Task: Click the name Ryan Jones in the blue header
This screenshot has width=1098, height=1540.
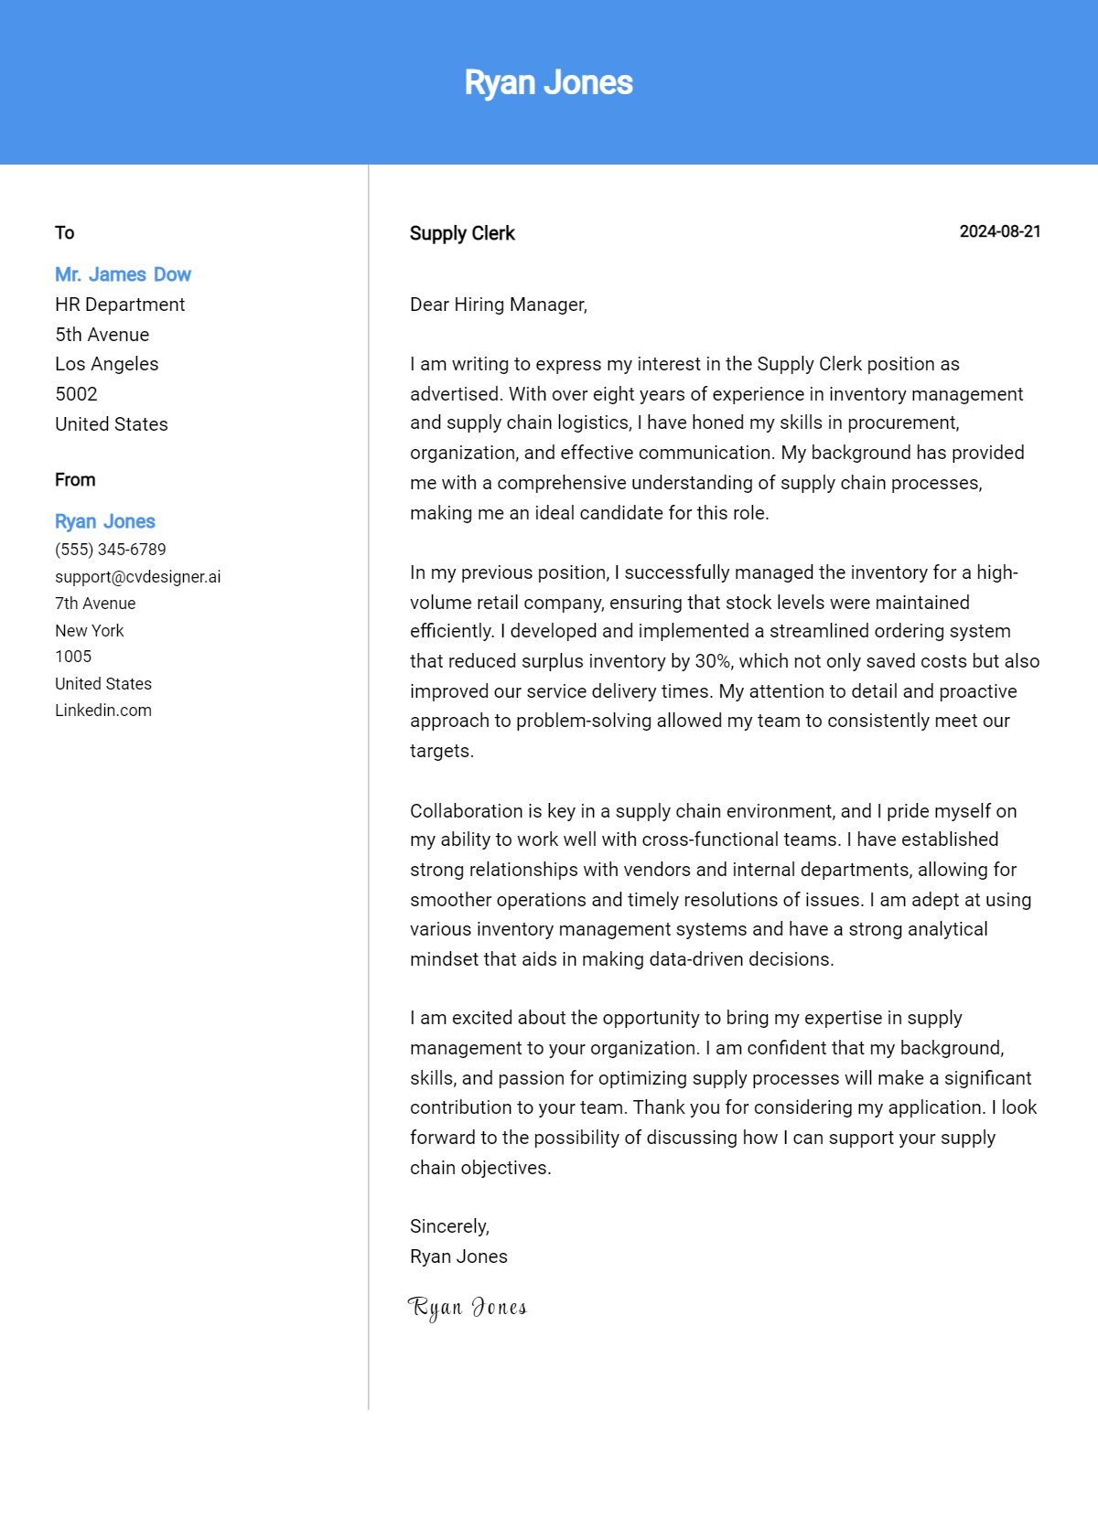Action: [x=548, y=82]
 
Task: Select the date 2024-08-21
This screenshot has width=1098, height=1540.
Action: [x=999, y=231]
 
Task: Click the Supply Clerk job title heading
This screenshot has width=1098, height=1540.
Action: [x=462, y=233]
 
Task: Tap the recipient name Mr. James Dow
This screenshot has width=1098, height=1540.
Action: [x=123, y=274]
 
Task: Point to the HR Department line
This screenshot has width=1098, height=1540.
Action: [x=120, y=305]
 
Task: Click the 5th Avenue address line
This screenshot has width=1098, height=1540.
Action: [x=102, y=335]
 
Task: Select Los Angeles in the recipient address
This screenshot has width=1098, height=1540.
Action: [x=106, y=364]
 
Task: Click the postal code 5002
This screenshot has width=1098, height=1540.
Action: [x=76, y=394]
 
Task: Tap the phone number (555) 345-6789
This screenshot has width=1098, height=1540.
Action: [x=111, y=550]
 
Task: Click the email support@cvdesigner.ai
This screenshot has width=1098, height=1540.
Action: [x=137, y=577]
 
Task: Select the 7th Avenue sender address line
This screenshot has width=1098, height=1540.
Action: [x=95, y=604]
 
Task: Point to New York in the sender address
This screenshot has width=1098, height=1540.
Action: [x=89, y=631]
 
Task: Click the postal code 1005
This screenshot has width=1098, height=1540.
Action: [x=73, y=657]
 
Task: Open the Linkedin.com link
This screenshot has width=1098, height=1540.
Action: [x=103, y=711]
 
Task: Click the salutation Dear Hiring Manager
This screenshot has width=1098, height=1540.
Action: [x=498, y=305]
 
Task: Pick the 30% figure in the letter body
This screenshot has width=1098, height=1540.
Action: [x=714, y=661]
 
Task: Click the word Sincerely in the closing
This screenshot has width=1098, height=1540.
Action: [x=449, y=1226]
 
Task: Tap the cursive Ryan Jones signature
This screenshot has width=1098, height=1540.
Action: [x=468, y=1308]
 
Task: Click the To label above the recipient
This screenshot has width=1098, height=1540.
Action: [x=64, y=232]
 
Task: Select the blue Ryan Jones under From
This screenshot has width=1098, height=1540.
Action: [x=105, y=521]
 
